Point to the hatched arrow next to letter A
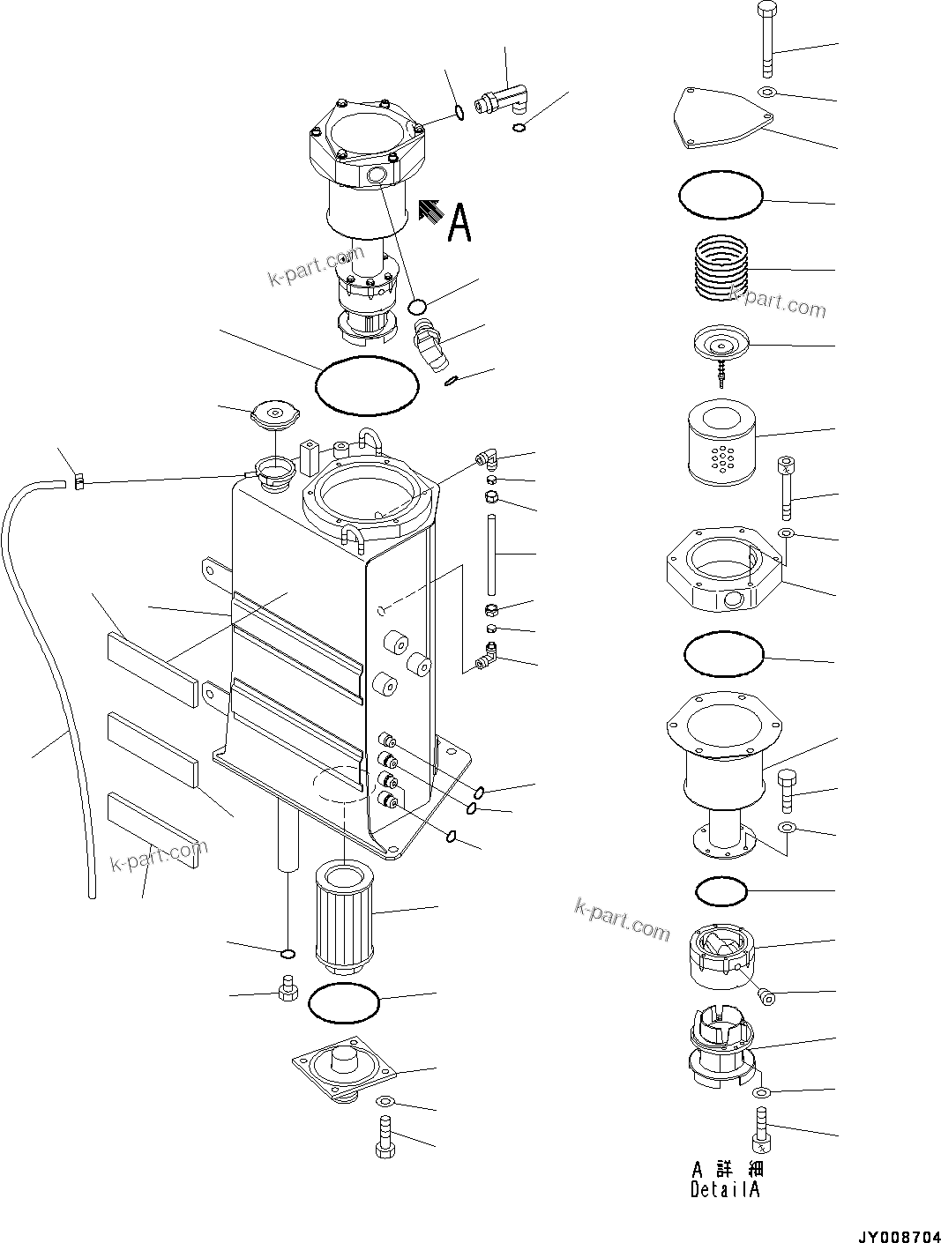430,211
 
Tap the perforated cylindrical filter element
721,443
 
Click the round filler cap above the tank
276,413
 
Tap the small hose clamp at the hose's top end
79,481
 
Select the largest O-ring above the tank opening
367,385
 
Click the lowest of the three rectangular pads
153,832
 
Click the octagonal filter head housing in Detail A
723,570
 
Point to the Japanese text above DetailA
728,1169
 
